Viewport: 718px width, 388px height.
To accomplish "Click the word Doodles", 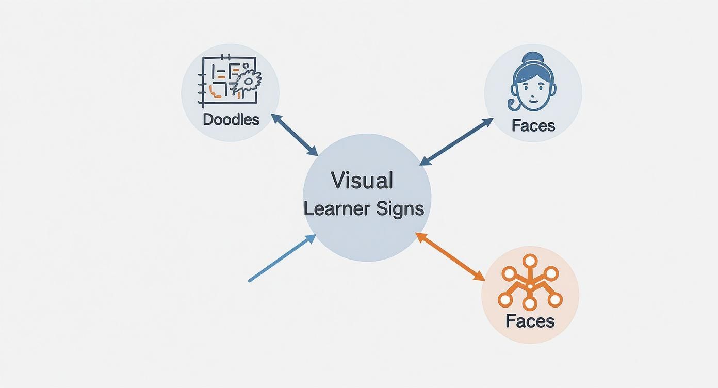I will (231, 119).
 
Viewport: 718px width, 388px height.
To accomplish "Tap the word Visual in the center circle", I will (362, 181).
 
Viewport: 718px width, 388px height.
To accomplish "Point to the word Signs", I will (400, 209).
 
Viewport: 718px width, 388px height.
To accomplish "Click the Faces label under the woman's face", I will (533, 125).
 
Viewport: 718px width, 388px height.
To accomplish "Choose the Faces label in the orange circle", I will (530, 321).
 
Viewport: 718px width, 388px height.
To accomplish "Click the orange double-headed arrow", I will (450, 256).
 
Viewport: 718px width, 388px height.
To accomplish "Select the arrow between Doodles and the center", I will (295, 135).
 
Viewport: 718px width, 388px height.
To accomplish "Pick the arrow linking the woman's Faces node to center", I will (456, 142).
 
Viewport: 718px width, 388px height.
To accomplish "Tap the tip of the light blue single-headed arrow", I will (314, 236).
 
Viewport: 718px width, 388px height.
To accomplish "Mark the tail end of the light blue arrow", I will (250, 281).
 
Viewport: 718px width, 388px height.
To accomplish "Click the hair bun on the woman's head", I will (533, 58).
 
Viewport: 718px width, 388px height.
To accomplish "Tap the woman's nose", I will (533, 93).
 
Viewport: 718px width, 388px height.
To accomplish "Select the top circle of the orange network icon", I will (530, 261).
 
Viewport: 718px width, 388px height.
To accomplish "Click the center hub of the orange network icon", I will (530, 286).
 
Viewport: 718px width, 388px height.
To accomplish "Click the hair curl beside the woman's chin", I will (513, 105).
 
